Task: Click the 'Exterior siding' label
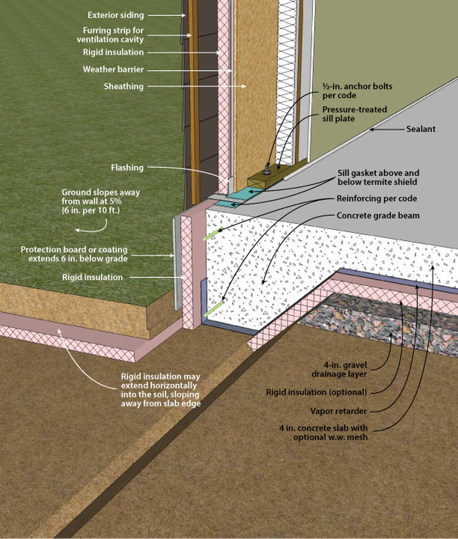coord(115,15)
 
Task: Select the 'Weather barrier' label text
coord(113,69)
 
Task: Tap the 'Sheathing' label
coord(123,86)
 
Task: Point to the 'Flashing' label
coord(127,168)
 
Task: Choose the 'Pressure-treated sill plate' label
coord(349,114)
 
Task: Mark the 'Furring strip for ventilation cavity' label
coord(110,35)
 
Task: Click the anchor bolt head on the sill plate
coord(268,170)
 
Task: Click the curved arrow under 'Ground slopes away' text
coord(95,226)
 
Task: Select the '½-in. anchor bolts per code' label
coord(357,91)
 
